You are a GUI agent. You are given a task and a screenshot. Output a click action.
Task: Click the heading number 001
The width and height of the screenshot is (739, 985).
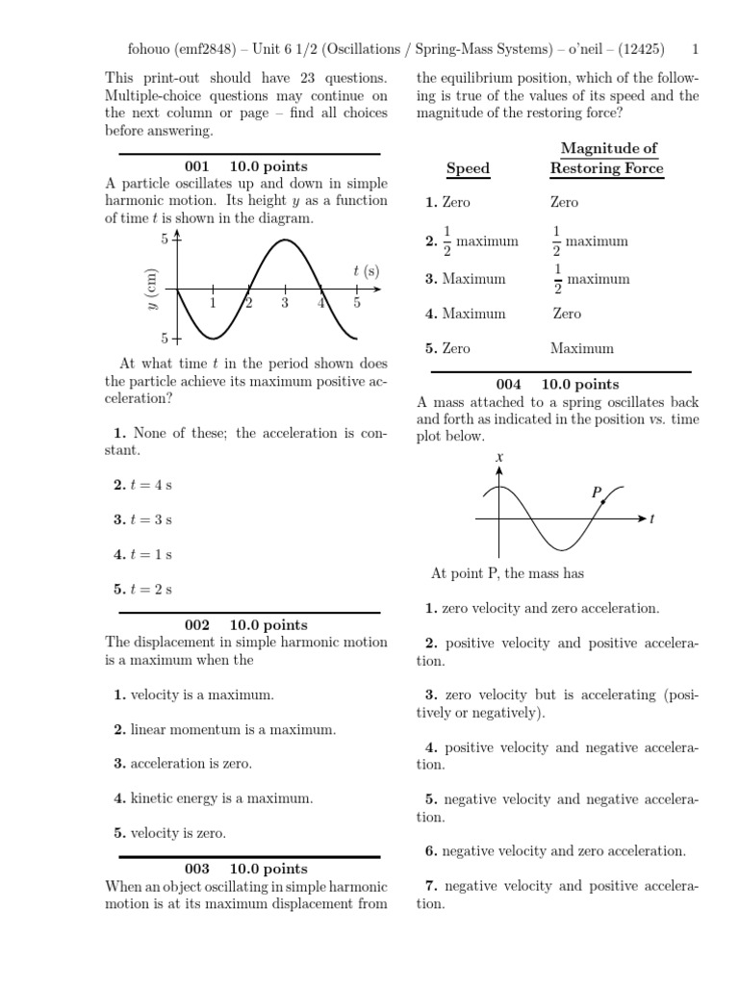click(x=196, y=167)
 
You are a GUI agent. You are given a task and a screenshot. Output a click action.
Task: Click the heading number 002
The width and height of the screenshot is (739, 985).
click(x=196, y=625)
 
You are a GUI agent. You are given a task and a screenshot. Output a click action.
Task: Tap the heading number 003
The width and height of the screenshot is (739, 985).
click(x=196, y=869)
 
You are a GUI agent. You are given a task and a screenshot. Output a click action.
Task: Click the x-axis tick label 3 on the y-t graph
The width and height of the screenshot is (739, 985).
click(x=285, y=304)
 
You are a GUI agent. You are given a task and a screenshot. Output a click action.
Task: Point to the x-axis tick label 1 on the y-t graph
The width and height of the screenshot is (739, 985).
click(x=213, y=304)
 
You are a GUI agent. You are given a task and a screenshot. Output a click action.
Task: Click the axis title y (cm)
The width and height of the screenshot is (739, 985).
click(x=152, y=289)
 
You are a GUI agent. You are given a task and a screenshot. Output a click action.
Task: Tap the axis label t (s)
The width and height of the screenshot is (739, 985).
click(x=364, y=271)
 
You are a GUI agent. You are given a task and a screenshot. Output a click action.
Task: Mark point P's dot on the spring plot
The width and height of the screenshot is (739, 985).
click(x=602, y=502)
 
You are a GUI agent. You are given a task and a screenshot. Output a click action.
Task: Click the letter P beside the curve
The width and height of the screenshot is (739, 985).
click(x=597, y=492)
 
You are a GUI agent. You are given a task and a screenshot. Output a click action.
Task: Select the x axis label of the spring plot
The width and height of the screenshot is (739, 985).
click(x=499, y=459)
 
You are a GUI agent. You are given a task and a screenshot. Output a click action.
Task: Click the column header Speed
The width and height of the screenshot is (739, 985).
click(x=468, y=168)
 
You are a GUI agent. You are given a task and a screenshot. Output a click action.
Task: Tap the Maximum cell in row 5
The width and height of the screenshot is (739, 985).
click(x=582, y=348)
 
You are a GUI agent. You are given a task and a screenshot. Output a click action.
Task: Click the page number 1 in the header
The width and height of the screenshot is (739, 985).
click(x=696, y=47)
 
